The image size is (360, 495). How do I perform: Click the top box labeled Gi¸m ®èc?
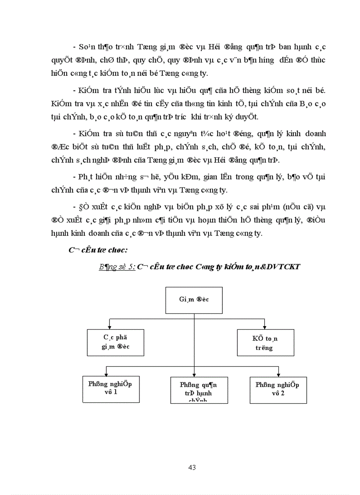tap(194, 299)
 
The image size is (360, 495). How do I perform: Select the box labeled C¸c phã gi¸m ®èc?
tap(116, 342)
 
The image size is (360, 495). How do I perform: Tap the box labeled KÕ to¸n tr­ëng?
tap(265, 342)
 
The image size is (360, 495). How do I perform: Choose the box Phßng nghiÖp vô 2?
tap(278, 389)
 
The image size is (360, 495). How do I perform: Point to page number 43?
tap(192, 467)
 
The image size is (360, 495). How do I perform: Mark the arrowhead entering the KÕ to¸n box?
tap(265, 328)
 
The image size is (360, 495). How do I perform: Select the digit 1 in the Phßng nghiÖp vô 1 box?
tap(115, 391)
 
